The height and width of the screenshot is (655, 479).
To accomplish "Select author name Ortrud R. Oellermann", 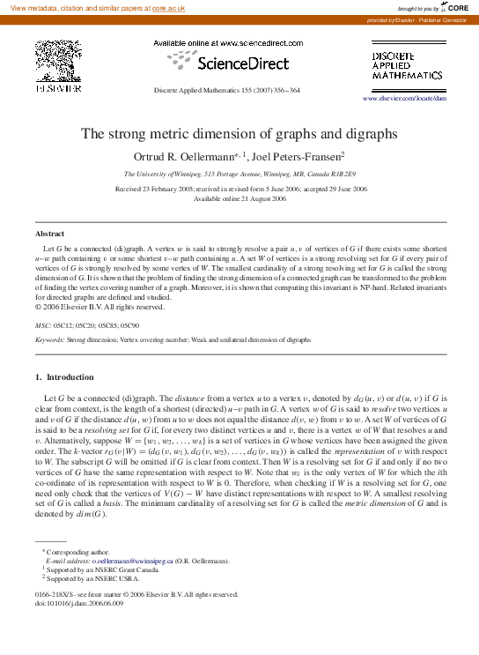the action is [x=192, y=157].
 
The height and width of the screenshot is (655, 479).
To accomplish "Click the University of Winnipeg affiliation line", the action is [x=239, y=175].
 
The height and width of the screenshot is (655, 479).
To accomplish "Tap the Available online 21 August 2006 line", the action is [x=239, y=199].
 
